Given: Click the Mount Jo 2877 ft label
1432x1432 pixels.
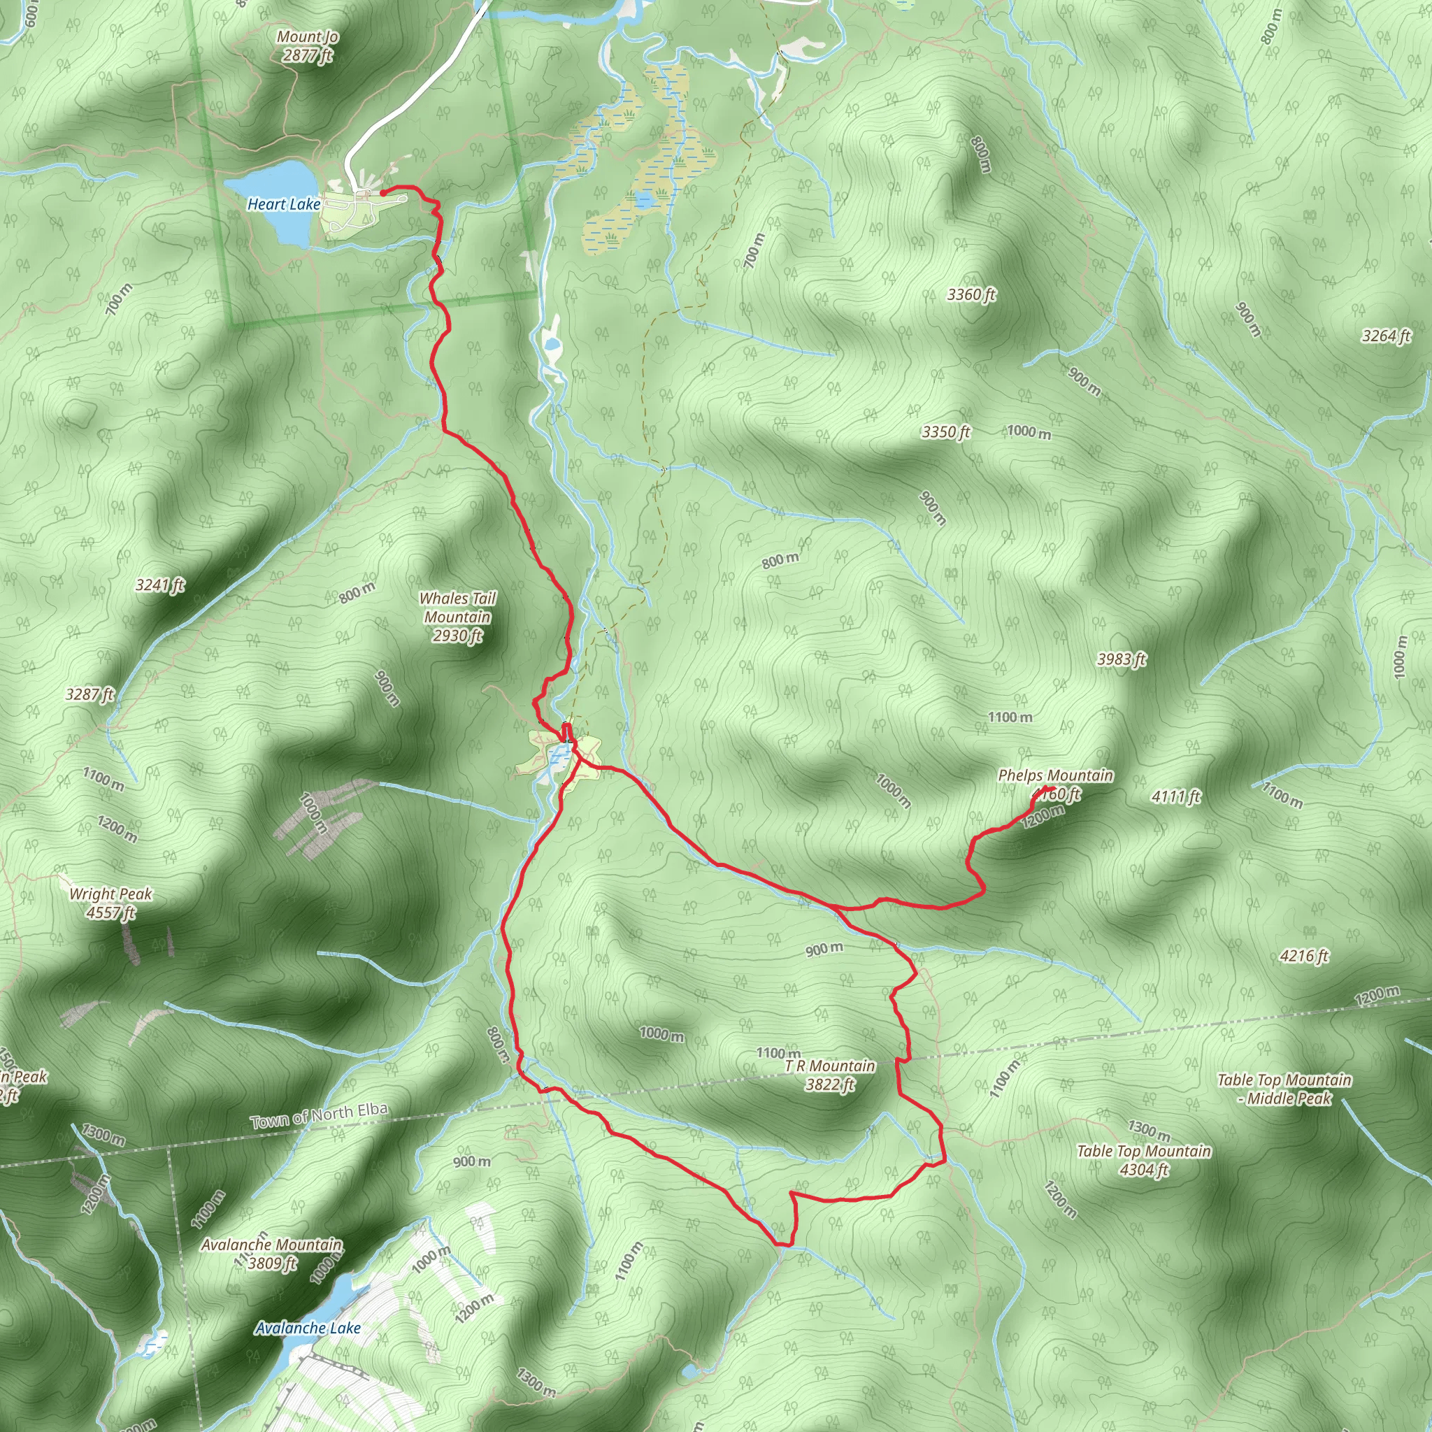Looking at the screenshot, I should coord(308,46).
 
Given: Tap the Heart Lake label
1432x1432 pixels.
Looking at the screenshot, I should coord(284,205).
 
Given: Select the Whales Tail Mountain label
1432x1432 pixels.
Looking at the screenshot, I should coord(458,617).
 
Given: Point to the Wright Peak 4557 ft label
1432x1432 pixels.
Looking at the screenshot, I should coord(110,903).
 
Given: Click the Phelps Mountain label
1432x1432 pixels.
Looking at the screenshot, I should coord(1055,776).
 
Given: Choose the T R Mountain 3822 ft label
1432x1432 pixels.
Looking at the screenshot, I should coord(830,1075).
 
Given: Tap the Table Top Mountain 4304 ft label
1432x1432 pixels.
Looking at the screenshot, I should coord(1144,1160).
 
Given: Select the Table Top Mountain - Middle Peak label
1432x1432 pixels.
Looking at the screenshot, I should coord(1284,1089).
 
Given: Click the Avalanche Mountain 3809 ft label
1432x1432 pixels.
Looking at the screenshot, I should coord(272,1254).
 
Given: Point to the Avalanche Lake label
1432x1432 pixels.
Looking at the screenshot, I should coord(308,1328).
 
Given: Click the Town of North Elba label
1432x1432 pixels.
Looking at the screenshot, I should coord(319,1115).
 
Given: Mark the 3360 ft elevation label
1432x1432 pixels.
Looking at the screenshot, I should coord(972,295).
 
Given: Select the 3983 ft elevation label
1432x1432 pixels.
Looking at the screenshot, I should coord(1122,659).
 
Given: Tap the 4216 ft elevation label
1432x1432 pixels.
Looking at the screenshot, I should coord(1304,956).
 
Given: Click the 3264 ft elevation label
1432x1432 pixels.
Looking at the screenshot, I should coord(1386,336).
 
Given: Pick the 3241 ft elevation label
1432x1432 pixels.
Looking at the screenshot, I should coord(160,585).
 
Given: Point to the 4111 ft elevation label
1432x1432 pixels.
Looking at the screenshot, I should coord(1176,797).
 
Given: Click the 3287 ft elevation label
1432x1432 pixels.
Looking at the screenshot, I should coord(90,694).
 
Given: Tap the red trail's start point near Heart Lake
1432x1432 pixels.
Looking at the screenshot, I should coord(382,193).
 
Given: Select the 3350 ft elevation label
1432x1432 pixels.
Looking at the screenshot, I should coord(946,431).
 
